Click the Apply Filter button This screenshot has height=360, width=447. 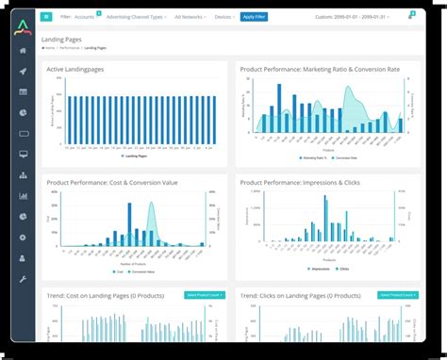click(253, 17)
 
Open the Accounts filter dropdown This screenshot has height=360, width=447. click(85, 17)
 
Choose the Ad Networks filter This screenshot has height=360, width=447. click(191, 17)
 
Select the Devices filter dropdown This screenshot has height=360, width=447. click(224, 17)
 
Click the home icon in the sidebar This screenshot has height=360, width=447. click(23, 51)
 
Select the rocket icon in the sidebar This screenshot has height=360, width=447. click(23, 72)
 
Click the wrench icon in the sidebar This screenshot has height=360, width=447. click(23, 280)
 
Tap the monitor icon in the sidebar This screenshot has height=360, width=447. click(23, 155)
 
